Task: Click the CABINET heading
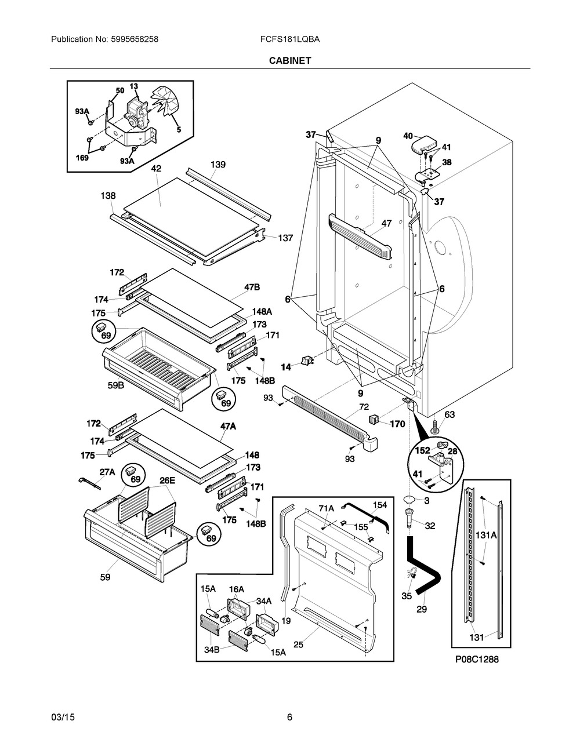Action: click(289, 60)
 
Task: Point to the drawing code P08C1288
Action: click(477, 659)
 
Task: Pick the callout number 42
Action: click(156, 169)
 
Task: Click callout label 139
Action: click(217, 165)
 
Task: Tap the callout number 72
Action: click(364, 407)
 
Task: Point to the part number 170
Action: click(397, 424)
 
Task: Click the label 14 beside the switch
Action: click(285, 367)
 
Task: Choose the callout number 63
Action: click(449, 414)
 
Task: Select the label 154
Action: click(379, 505)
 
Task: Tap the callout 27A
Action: click(107, 472)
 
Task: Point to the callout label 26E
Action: click(167, 480)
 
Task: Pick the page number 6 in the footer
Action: click(289, 717)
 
